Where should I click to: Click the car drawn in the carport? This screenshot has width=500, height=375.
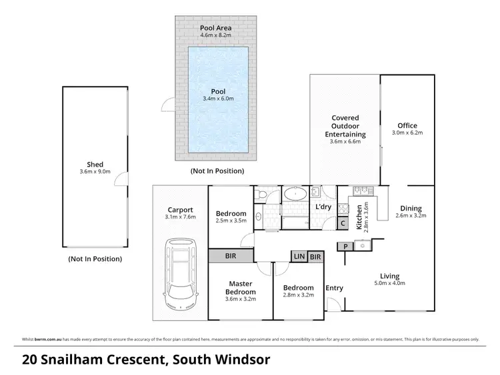179,277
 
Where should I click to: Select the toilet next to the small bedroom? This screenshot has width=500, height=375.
263,194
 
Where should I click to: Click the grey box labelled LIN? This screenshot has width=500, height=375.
298,256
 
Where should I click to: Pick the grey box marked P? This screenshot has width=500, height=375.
346,246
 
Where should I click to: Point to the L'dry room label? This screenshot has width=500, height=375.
323,207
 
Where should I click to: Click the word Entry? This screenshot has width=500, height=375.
334,288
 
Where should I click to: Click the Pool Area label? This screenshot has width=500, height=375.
216,29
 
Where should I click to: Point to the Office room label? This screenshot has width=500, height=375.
407,125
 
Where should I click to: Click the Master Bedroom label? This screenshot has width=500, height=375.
241,287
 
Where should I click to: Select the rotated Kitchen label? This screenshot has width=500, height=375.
361,217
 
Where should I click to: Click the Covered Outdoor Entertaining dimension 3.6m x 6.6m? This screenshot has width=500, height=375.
345,142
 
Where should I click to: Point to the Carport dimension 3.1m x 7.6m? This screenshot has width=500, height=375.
180,215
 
